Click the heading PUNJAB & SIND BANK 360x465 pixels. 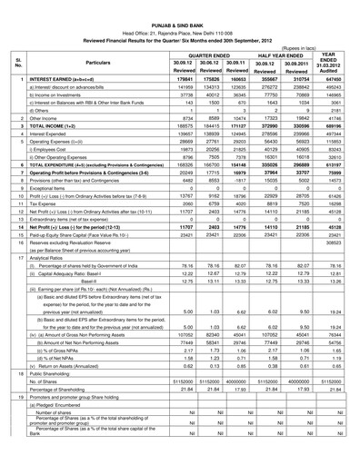[180, 8]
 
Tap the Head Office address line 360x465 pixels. [179, 17]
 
